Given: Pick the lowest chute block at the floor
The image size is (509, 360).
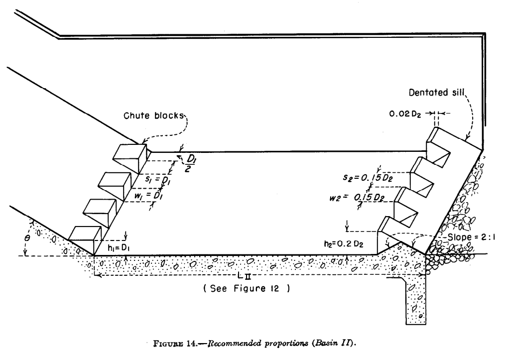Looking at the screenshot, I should pyautogui.click(x=85, y=236).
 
